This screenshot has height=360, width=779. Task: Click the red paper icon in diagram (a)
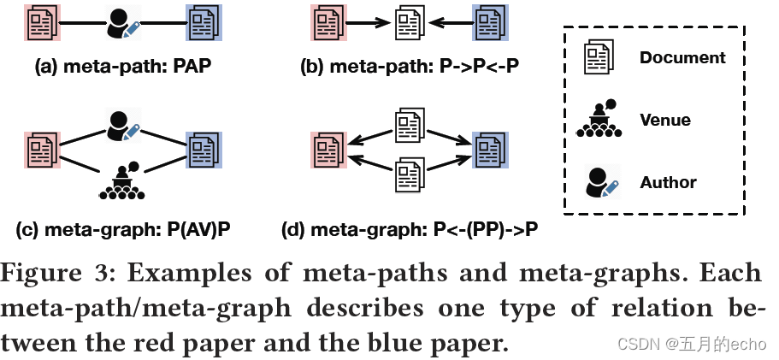click(39, 23)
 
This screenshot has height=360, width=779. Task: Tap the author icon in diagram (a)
click(121, 24)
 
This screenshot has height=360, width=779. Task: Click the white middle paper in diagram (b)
click(408, 23)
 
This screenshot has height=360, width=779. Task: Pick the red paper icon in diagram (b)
click(327, 23)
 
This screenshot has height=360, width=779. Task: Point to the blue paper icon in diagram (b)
click(490, 23)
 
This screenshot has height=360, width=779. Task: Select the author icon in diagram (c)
click(121, 125)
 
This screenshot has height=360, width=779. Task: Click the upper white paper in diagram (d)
click(408, 125)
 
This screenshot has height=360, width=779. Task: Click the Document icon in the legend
click(599, 58)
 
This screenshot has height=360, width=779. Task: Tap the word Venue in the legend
click(665, 120)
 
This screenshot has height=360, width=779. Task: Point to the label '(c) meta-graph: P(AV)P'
click(122, 230)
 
